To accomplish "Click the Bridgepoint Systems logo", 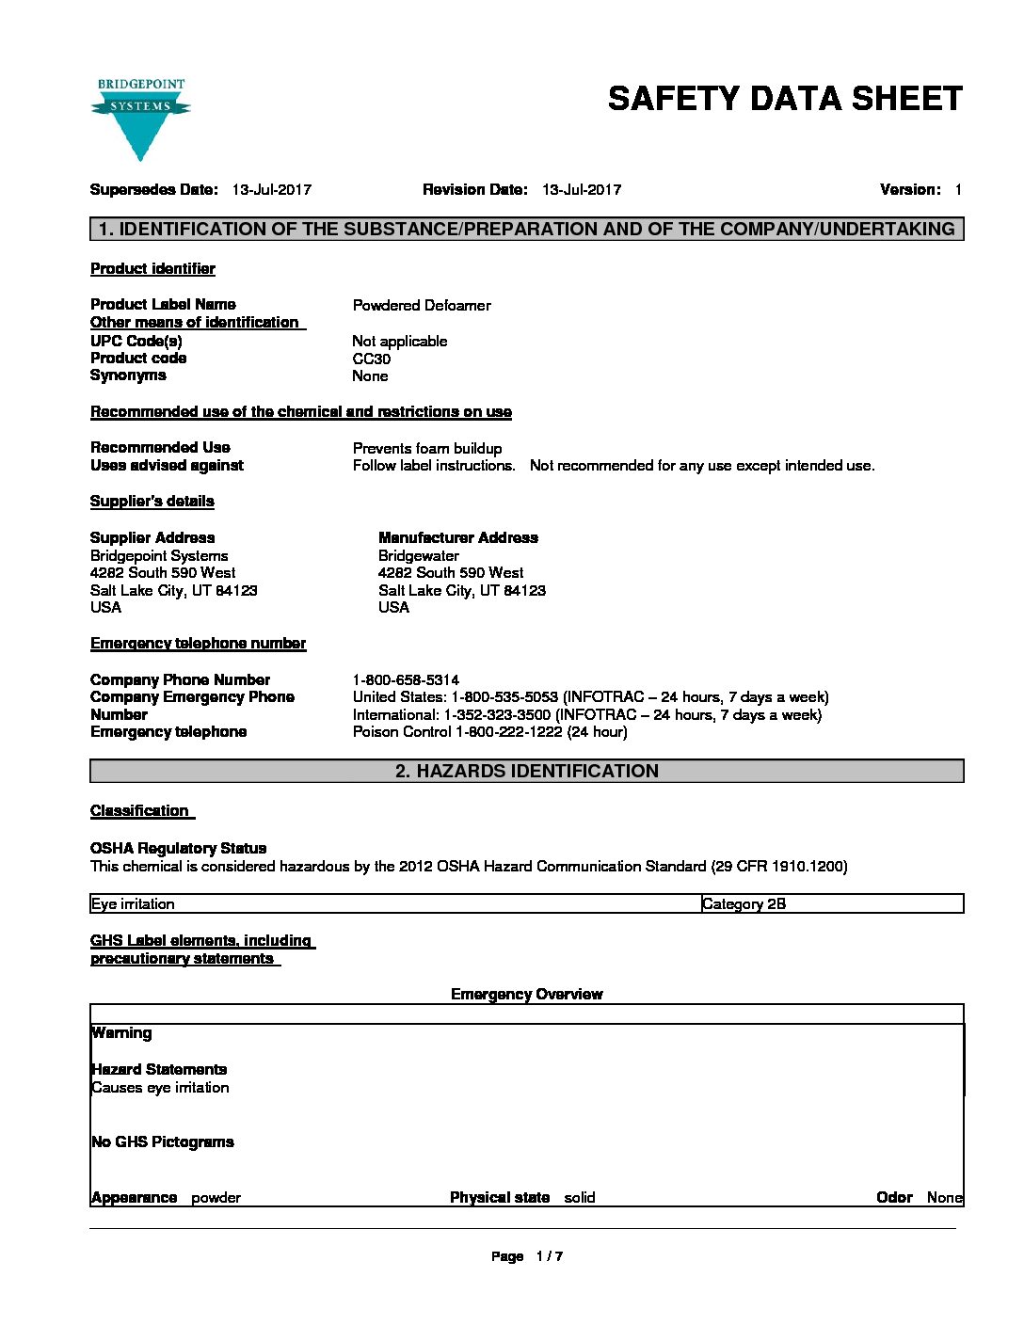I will (140, 118).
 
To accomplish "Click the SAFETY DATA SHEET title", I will (785, 99).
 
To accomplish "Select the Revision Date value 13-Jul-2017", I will (581, 190).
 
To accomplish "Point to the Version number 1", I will (957, 190).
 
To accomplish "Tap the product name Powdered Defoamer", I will (422, 305).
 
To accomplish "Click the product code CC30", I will (371, 359).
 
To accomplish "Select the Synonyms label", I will (128, 375).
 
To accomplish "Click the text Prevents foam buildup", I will (427, 448).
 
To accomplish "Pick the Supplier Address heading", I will (152, 537).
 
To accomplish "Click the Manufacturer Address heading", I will (458, 537).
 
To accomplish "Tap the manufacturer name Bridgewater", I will (419, 555).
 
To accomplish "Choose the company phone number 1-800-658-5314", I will (406, 679).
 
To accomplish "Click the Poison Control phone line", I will (489, 732).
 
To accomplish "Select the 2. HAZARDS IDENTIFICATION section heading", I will (527, 772).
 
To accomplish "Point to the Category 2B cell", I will (744, 904).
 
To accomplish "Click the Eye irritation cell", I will (133, 904).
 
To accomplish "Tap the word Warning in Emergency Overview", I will (121, 1033).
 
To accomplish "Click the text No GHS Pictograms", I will (162, 1142).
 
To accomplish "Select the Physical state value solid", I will (580, 1198).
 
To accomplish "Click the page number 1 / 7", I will (549, 1256).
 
